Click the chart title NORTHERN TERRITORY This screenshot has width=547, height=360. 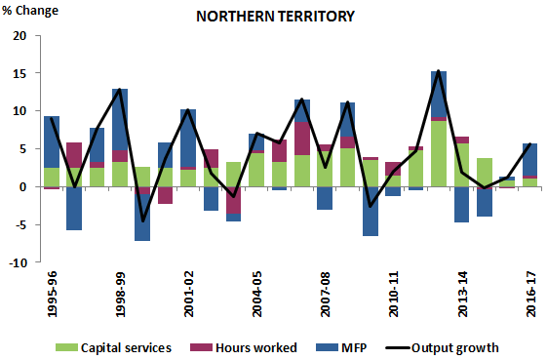pyautogui.click(x=274, y=17)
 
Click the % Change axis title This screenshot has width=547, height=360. pyautogui.click(x=31, y=11)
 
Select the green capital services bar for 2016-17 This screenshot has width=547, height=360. pyautogui.click(x=529, y=182)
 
